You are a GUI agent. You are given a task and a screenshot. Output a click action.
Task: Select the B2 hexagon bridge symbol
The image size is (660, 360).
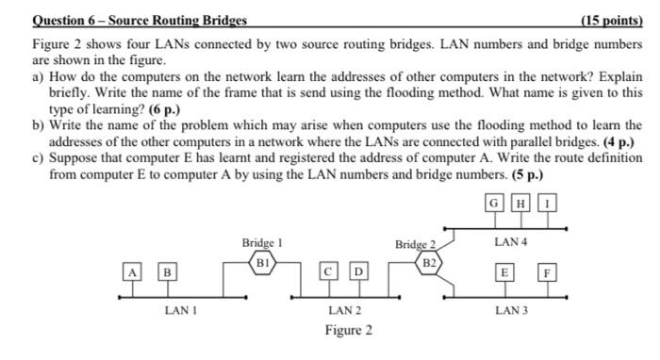point(429,259)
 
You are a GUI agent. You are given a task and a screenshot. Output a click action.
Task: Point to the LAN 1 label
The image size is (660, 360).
point(178,309)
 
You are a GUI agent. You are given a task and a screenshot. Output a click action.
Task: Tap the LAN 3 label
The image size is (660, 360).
point(510,309)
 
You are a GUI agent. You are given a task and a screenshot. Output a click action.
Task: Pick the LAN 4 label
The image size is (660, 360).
point(510,243)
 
